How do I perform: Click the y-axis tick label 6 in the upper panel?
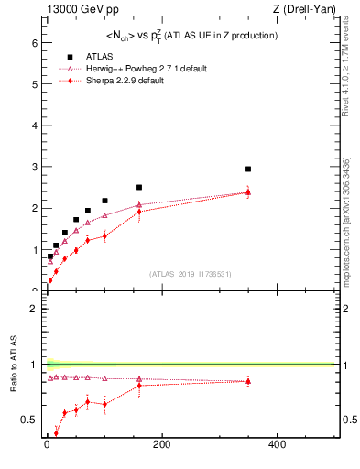[x=34, y=42]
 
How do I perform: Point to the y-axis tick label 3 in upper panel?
[x=34, y=167]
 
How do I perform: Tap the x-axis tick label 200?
[x=161, y=445]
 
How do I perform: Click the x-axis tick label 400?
[x=277, y=445]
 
